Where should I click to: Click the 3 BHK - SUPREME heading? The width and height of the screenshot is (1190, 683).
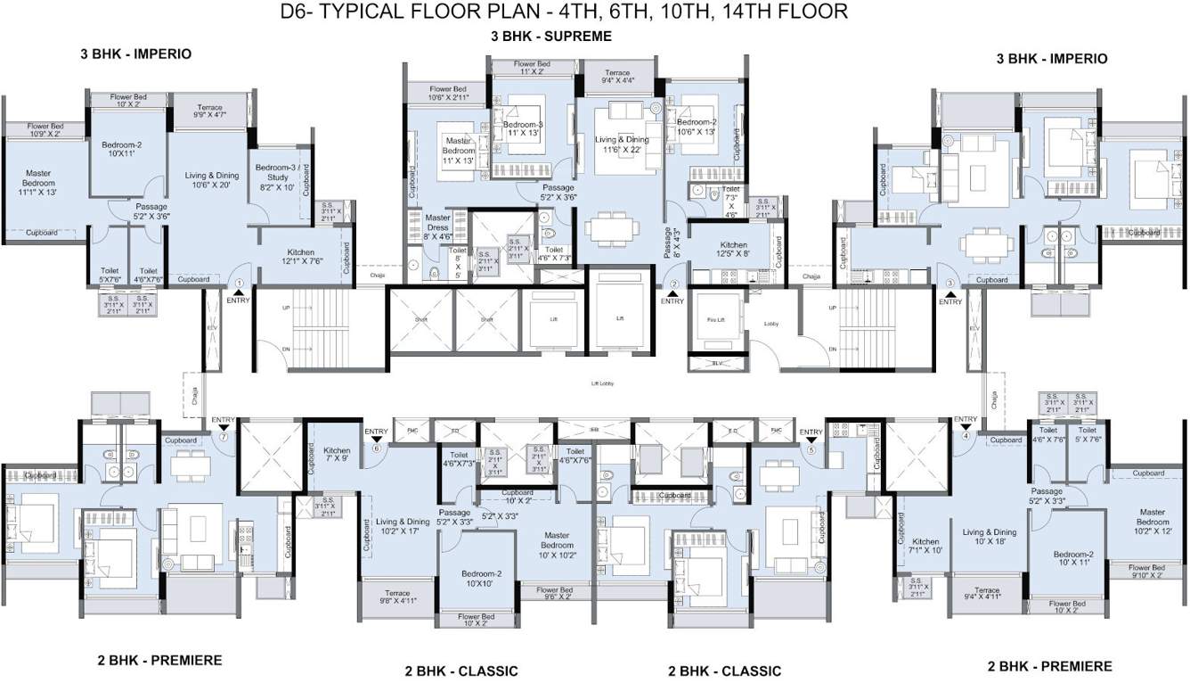coord(551,37)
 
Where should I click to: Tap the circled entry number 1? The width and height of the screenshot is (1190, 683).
coord(238,284)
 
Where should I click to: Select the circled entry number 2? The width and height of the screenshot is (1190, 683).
coord(673,284)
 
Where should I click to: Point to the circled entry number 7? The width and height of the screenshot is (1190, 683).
coord(224,437)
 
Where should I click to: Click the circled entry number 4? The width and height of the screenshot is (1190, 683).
coord(965,436)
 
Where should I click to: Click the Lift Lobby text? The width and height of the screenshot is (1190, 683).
coord(603,383)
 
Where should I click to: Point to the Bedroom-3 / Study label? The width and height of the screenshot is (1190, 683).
coord(277,177)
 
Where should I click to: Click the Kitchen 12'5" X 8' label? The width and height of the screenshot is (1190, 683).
coord(733,250)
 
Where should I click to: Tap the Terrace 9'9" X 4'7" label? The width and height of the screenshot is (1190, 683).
coord(209,111)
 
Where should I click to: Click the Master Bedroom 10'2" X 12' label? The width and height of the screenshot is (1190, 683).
coord(1151,523)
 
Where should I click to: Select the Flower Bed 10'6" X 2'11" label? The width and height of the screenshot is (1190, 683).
coord(448,93)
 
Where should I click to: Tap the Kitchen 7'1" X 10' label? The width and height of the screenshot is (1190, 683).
coord(925,546)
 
